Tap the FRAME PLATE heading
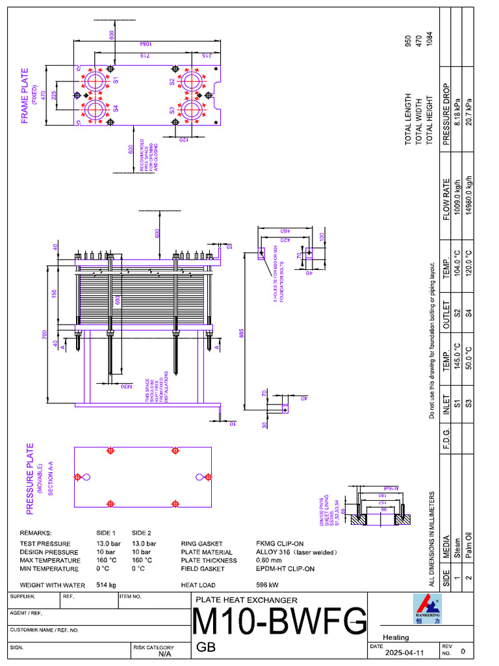pos(25,96)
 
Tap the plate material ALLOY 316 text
pos(297,552)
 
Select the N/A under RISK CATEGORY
pos(164,654)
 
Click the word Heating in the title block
pos(396,637)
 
